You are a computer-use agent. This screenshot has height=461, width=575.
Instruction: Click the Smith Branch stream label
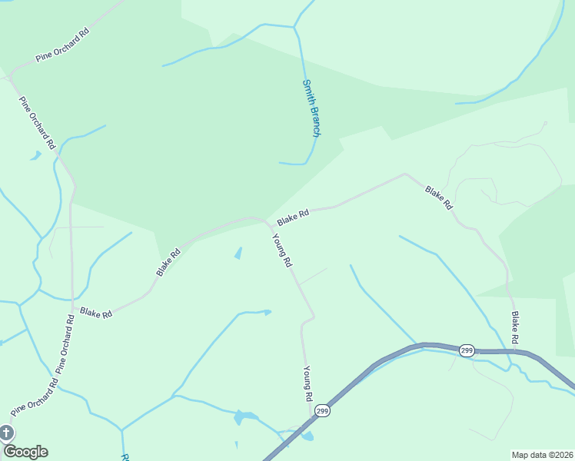[x=311, y=108]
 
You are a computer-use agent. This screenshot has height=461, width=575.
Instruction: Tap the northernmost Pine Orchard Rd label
[x=62, y=46]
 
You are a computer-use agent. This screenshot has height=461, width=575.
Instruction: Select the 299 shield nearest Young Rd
[x=323, y=411]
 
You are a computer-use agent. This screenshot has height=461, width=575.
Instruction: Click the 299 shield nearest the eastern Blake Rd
[x=467, y=350]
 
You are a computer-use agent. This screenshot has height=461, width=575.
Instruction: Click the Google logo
[x=25, y=451]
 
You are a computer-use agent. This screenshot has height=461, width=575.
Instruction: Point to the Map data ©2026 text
[x=542, y=454]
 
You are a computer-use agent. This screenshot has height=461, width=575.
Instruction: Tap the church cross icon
[x=5, y=433]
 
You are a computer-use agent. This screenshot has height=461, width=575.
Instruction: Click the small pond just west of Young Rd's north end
[x=238, y=253]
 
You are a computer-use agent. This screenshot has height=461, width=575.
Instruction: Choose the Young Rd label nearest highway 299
[x=307, y=383]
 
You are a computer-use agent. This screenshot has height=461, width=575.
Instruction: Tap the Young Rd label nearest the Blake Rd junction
[x=282, y=250]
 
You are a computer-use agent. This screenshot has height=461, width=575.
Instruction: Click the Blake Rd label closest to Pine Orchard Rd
[x=96, y=313]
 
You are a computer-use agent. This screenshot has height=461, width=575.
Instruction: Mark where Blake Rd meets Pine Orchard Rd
[x=71, y=300]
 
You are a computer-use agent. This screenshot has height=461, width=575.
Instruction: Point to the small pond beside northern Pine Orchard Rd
[x=35, y=156]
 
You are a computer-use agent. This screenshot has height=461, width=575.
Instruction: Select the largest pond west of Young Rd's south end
[x=244, y=417]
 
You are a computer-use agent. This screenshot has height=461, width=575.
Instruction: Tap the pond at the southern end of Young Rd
[x=307, y=436]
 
